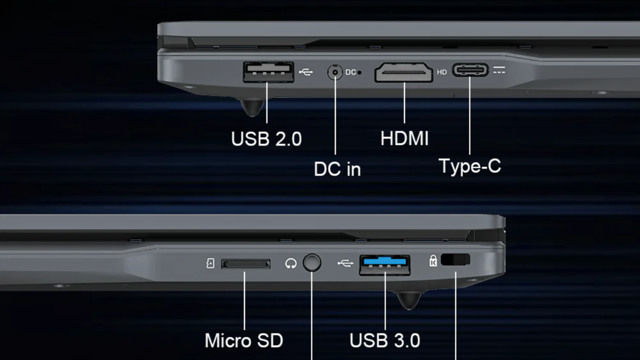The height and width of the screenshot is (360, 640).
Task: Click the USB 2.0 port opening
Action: [x=268, y=72]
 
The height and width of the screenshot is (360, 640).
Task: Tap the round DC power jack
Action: [x=335, y=72]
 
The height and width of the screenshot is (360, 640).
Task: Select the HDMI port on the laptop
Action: [x=404, y=72]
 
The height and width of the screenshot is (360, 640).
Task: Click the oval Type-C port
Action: [x=470, y=70]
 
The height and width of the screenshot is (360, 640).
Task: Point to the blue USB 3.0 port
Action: [x=384, y=264]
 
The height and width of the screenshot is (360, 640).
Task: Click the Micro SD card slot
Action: [x=246, y=264]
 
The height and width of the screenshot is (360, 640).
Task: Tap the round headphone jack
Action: [x=312, y=263]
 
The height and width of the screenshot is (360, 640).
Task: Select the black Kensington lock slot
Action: [x=456, y=260]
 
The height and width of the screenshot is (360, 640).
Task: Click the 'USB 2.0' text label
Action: [x=266, y=139]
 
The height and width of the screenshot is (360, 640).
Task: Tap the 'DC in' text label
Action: [x=337, y=169]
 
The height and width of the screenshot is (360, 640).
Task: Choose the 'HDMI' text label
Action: [x=404, y=138]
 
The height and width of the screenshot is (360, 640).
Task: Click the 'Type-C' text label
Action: [x=470, y=166]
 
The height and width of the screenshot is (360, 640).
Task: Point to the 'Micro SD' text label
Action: [x=244, y=341]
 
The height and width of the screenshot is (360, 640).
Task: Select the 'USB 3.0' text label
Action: [x=385, y=341]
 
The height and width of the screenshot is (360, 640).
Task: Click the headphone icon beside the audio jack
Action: [x=291, y=264]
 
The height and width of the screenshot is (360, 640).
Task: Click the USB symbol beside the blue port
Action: [x=345, y=264]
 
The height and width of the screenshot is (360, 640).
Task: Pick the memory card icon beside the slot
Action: [x=210, y=264]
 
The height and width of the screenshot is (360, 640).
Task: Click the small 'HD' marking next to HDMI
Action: [x=441, y=72]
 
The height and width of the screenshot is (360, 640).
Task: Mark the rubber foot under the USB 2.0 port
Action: [x=252, y=107]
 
